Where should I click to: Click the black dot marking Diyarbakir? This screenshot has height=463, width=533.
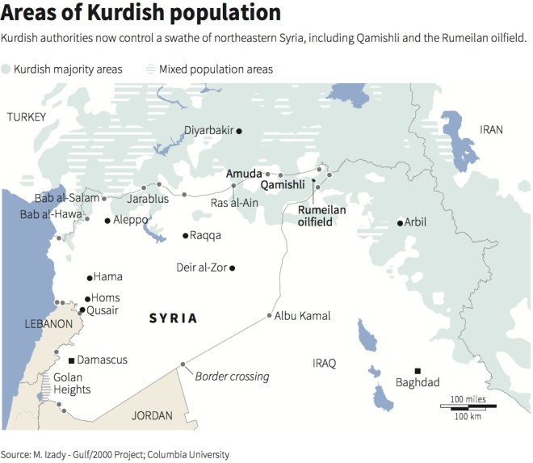[x=238, y=130]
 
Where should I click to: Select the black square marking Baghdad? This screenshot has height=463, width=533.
[x=418, y=369]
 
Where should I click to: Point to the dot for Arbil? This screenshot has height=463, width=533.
[x=400, y=223]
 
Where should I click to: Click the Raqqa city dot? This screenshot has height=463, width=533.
[x=185, y=236]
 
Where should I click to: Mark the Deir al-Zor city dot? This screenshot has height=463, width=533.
[x=233, y=267]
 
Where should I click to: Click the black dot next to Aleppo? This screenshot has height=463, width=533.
[x=107, y=220]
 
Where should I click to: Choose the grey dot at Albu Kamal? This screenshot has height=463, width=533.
[x=270, y=316]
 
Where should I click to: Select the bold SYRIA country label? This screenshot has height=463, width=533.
[x=173, y=318]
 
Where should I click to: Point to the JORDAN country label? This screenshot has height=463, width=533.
[x=151, y=416]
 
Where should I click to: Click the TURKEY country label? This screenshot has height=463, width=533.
[x=27, y=118]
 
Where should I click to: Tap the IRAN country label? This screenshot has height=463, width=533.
[x=490, y=129]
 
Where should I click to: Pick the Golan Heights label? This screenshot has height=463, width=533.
[x=72, y=383]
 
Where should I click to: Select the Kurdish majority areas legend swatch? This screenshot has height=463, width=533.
[x=6, y=69]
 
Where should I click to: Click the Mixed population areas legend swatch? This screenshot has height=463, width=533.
[x=151, y=69]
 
